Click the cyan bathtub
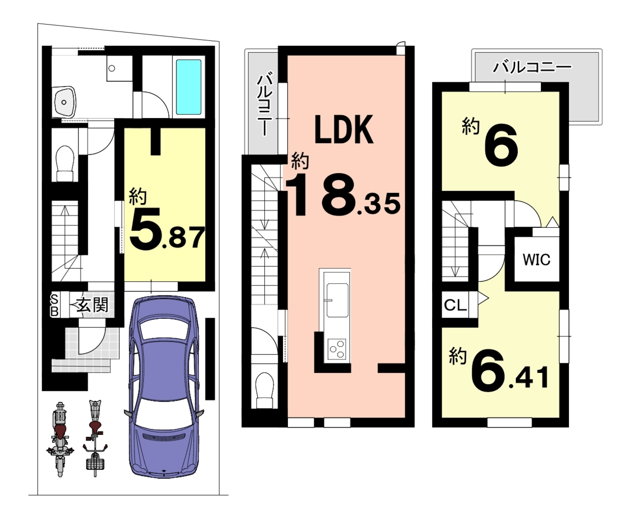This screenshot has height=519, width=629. [x=189, y=87]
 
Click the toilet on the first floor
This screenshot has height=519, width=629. [x=65, y=163]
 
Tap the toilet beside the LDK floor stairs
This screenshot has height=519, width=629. [x=265, y=390]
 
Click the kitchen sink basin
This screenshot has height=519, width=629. [x=337, y=300]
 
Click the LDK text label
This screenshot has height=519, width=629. [x=344, y=130]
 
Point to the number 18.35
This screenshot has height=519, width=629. [x=343, y=195]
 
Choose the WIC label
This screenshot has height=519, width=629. [x=537, y=260]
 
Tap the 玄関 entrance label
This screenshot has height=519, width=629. [x=92, y=305]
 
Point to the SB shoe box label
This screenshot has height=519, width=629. [x=55, y=305]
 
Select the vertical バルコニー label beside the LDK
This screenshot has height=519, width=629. [x=264, y=104]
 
